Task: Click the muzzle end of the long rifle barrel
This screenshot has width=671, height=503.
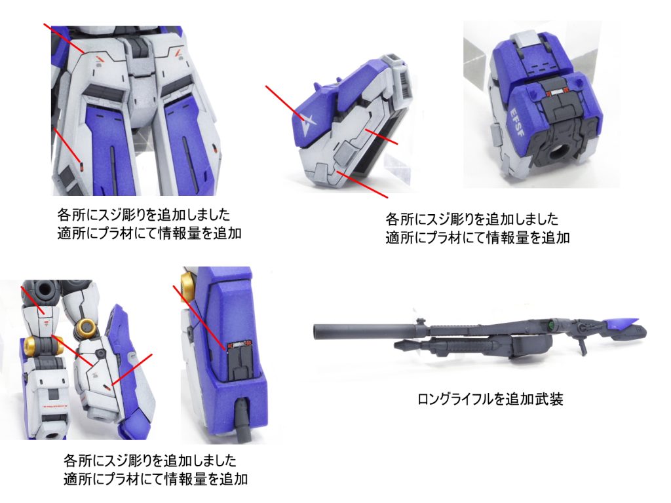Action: point(317,332)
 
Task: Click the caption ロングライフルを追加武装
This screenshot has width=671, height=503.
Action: point(490,399)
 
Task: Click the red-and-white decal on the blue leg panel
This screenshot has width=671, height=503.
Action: point(237,346)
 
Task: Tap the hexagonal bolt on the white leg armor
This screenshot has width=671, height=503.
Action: point(100,354)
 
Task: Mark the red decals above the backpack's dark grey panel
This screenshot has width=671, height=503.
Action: point(555,90)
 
